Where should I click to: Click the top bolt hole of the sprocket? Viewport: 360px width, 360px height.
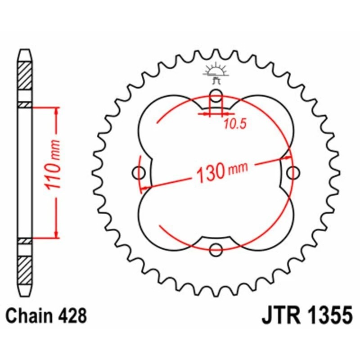[x=216, y=95]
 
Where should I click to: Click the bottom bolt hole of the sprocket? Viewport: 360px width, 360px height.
[x=216, y=248]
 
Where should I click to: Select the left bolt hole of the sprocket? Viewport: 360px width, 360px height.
[x=139, y=172]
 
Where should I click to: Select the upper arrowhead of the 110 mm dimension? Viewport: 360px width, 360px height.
[x=56, y=111]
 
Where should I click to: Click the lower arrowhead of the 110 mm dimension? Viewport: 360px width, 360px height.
[x=56, y=234]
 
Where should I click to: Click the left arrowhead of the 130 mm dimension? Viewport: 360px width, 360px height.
[x=145, y=186]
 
